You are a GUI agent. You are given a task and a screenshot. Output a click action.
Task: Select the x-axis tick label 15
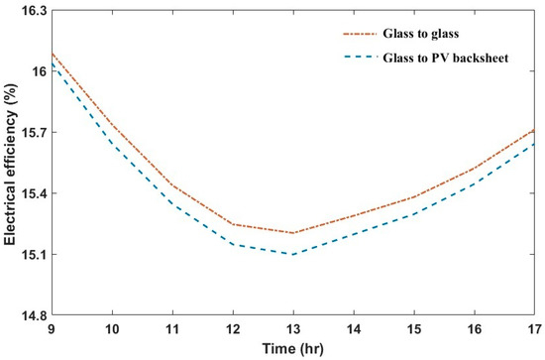coord(413,328)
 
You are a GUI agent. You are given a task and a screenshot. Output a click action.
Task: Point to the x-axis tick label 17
coord(533,328)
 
